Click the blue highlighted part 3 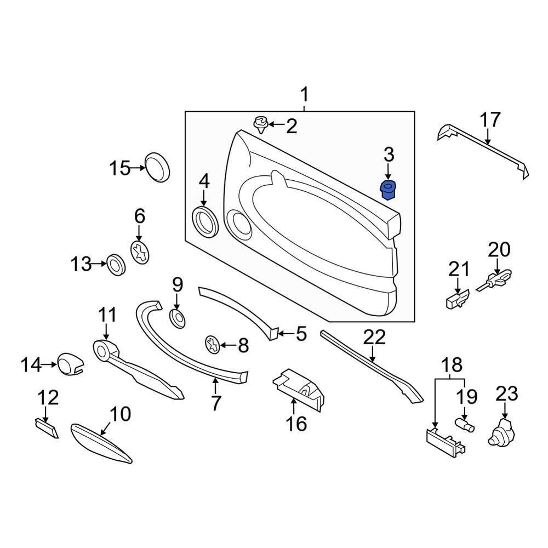(389, 190)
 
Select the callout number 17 (490, 120)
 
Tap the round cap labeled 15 (157, 167)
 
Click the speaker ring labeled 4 (206, 221)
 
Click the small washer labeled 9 (177, 317)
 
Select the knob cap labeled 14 (70, 364)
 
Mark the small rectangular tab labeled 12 (46, 427)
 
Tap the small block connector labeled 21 (456, 298)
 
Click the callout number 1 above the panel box (304, 96)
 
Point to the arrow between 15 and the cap (138, 168)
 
